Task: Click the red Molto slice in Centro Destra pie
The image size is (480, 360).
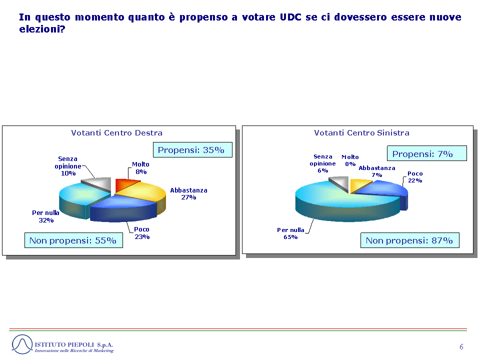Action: pos(124,184)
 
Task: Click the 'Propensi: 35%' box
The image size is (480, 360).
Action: pos(192,150)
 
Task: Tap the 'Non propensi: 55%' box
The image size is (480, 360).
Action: pos(73,240)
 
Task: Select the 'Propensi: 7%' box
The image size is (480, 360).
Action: pos(426,153)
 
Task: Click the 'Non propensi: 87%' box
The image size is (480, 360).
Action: pos(410,240)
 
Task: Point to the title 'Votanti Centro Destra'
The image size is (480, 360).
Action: pos(116,133)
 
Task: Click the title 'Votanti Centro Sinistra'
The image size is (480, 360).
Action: pos(361,133)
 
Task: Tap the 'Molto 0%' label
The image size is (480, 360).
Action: pos(350,160)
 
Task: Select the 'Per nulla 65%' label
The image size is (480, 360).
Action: pos(290,233)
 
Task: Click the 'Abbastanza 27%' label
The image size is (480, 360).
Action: pos(188,194)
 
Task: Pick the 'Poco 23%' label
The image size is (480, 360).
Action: pos(141,233)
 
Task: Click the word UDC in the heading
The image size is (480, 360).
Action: pos(290,17)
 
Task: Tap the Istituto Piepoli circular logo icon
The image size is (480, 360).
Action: pos(22,344)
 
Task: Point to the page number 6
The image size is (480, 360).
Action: pos(461,347)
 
